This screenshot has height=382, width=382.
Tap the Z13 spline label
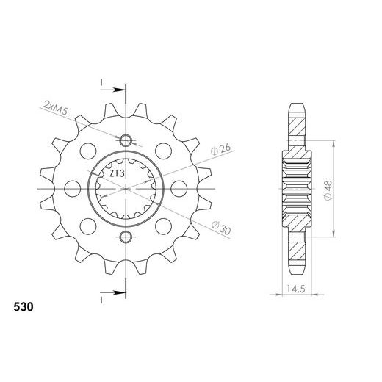tap(117, 174)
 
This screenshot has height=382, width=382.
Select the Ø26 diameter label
tap(221, 150)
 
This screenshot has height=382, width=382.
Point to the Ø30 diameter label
tap(221, 228)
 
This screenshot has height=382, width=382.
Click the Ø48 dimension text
tap(328, 190)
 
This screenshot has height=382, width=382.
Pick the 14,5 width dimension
tap(296, 289)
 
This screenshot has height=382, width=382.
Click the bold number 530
tap(24, 307)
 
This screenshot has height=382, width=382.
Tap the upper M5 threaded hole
tap(126, 141)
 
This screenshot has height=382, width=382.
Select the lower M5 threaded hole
tap(126, 237)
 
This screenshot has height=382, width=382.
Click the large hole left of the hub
tap(72, 189)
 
